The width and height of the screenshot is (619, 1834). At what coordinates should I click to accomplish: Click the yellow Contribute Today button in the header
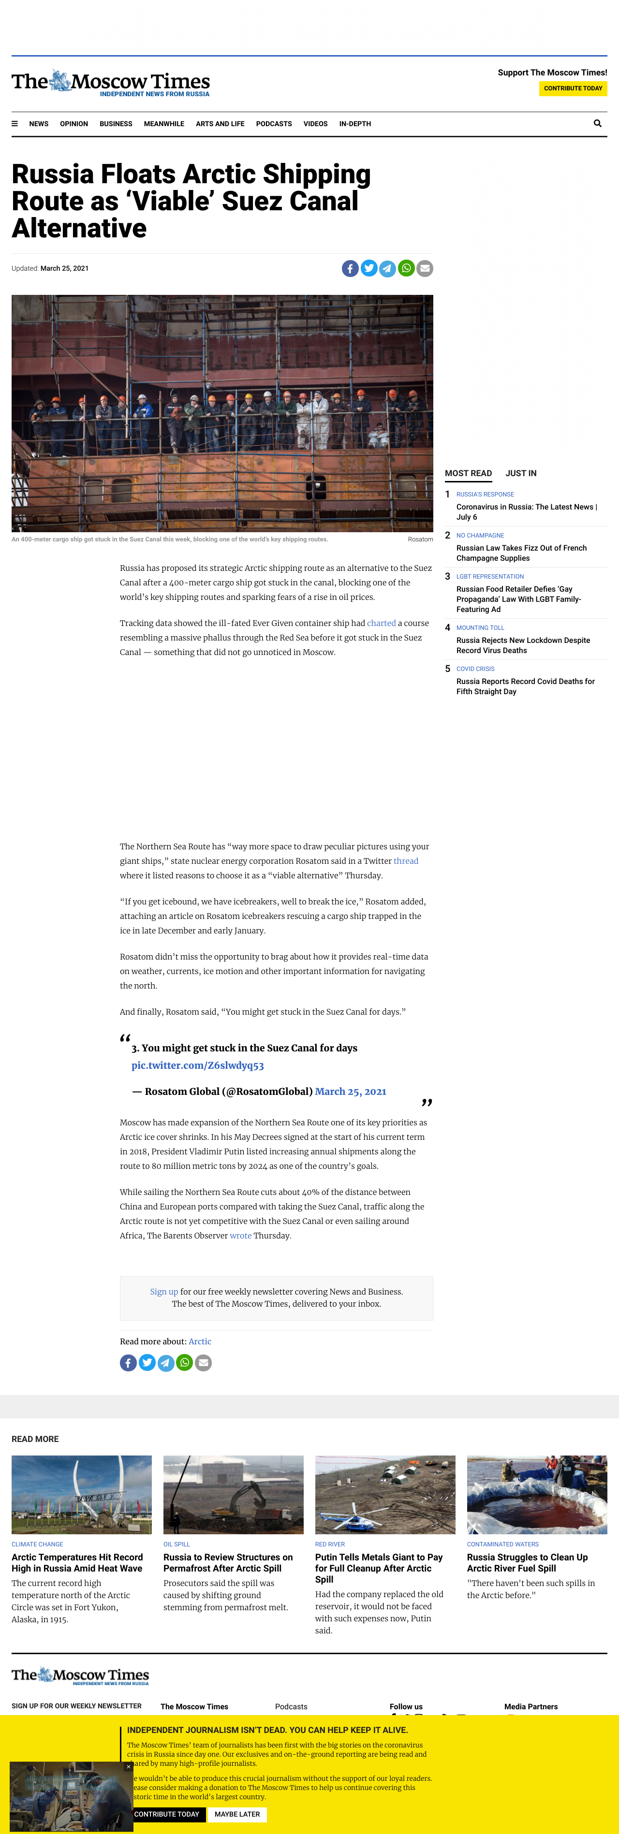click(x=573, y=88)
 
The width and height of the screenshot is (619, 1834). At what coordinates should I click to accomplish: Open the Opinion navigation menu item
click(x=74, y=124)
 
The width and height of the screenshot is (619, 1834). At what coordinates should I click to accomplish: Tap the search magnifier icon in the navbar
click(x=597, y=123)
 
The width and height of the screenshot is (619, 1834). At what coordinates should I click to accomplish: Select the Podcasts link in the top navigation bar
click(x=274, y=124)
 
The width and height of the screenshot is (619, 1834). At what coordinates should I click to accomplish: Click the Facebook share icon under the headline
click(x=350, y=268)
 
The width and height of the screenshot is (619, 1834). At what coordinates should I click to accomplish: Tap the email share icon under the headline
click(x=425, y=268)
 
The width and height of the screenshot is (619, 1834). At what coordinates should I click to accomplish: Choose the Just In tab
click(x=521, y=473)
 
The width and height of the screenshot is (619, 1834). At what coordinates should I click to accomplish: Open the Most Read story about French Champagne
click(x=521, y=553)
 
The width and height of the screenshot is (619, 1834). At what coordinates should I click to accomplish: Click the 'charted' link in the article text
click(x=381, y=623)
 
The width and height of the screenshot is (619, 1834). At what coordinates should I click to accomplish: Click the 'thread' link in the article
click(x=406, y=861)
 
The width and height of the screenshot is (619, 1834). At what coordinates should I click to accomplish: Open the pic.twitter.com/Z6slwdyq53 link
click(x=197, y=1066)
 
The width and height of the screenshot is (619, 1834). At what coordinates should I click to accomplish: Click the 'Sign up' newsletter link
click(x=164, y=1292)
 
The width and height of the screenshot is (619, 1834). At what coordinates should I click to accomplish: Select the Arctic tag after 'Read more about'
click(x=200, y=1341)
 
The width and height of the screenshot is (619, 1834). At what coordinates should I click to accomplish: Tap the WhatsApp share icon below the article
click(x=184, y=1363)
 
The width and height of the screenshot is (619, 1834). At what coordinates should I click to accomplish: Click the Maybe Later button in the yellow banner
click(x=236, y=1814)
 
